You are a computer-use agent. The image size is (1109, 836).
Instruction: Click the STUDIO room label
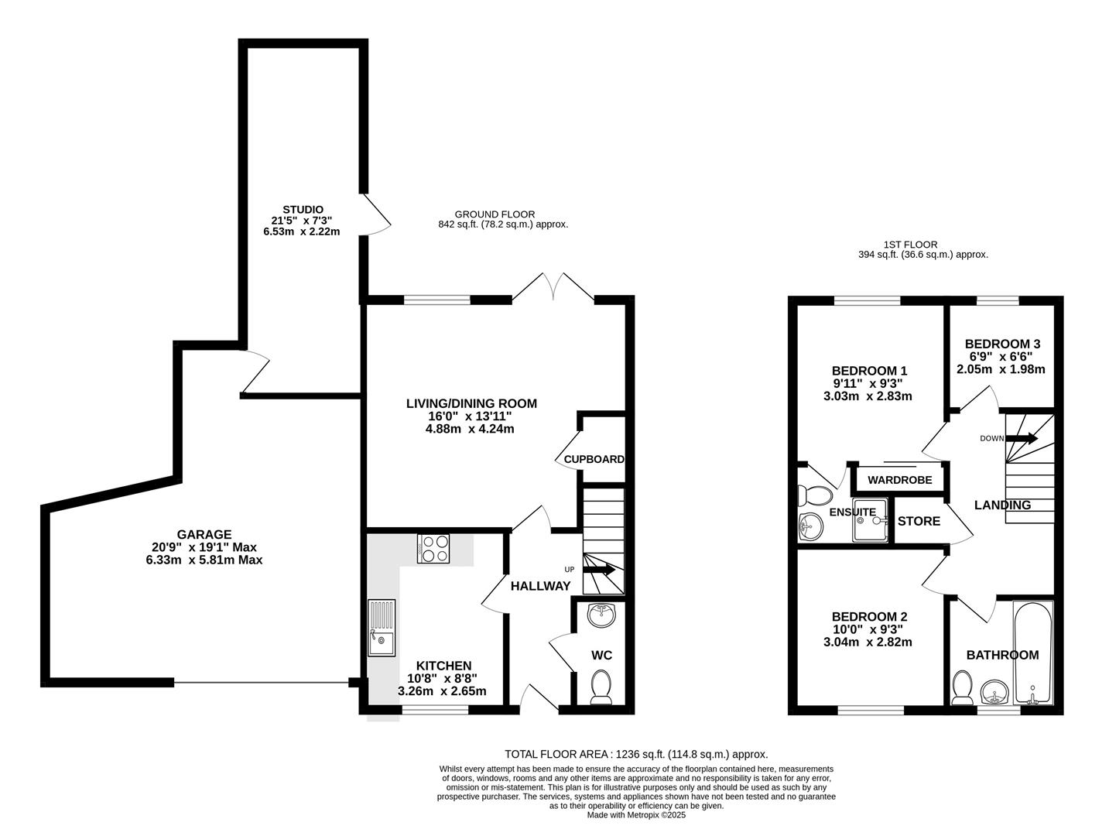point(303,209)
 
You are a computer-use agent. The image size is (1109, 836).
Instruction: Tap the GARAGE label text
point(204,534)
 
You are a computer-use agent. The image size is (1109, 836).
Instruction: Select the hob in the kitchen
point(433,549)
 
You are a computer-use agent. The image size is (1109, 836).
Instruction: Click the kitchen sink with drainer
point(382,628)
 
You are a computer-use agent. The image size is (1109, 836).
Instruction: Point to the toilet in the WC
point(601,687)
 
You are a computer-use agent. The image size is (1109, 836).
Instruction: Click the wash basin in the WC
point(601,615)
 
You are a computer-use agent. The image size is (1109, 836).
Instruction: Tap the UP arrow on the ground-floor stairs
point(599,569)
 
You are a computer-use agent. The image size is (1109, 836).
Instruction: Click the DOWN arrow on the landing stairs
point(1022,438)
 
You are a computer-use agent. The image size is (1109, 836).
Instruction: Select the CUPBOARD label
point(594,459)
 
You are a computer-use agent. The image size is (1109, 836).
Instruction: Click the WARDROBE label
point(900,480)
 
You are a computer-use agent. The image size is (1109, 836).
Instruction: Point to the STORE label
point(919,521)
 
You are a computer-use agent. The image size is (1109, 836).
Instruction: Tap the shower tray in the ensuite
point(870,520)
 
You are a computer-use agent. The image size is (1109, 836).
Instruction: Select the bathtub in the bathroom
point(1033,652)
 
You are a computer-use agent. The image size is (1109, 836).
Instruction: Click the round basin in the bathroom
point(994,691)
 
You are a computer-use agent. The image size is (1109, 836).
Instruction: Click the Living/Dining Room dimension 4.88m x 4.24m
point(470,429)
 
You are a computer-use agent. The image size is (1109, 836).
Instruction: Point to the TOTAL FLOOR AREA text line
point(636,754)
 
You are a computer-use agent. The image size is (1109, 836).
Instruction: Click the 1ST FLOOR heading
point(910,245)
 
